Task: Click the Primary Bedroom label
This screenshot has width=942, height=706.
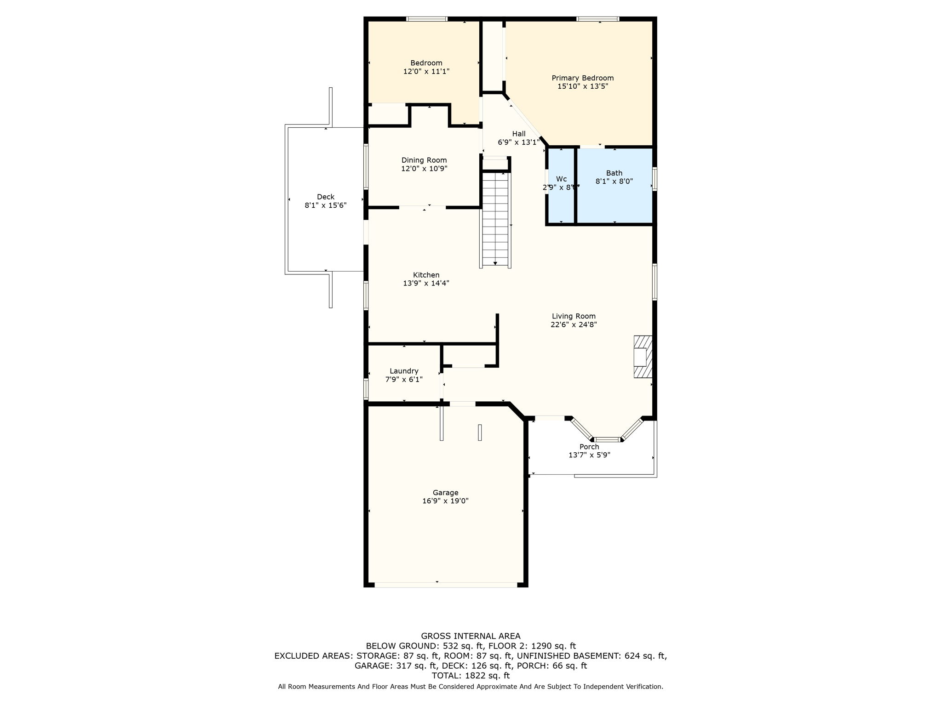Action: pyautogui.click(x=582, y=78)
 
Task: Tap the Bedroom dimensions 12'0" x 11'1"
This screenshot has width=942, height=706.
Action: pyautogui.click(x=426, y=72)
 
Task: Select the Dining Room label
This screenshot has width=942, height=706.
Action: pyautogui.click(x=424, y=160)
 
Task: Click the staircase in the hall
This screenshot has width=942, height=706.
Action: pyautogui.click(x=495, y=218)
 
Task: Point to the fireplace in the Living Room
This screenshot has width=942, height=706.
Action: pyautogui.click(x=643, y=357)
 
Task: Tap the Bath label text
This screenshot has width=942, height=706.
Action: pyautogui.click(x=614, y=173)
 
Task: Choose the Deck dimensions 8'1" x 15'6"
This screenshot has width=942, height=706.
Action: pyautogui.click(x=325, y=205)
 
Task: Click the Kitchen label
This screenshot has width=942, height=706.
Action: pyautogui.click(x=426, y=275)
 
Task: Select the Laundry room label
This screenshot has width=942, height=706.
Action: pyautogui.click(x=404, y=371)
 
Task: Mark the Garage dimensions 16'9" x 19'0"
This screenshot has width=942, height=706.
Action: pyautogui.click(x=445, y=501)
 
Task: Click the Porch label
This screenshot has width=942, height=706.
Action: pyautogui.click(x=589, y=447)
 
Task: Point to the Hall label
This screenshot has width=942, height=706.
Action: pyautogui.click(x=519, y=134)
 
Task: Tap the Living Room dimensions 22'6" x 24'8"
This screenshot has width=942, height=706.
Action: pyautogui.click(x=574, y=325)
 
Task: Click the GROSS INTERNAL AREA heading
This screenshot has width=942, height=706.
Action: pyautogui.click(x=471, y=636)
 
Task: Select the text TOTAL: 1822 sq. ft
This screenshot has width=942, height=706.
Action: pyautogui.click(x=471, y=676)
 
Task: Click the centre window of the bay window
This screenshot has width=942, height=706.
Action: pyautogui.click(x=607, y=439)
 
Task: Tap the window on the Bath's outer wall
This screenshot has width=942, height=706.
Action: pyautogui.click(x=655, y=179)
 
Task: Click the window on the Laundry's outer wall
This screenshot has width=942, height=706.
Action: pyautogui.click(x=366, y=388)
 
